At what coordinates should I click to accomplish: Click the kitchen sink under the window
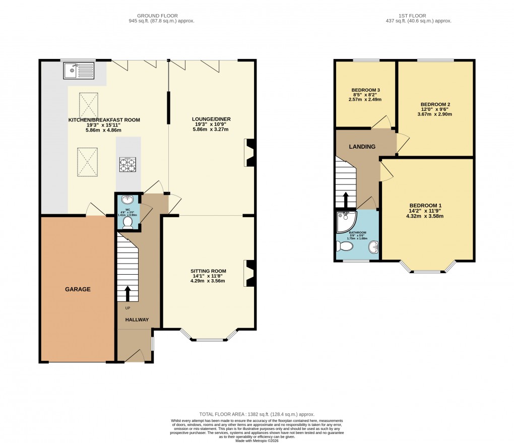point(78,71)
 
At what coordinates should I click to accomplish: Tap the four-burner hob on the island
point(127,164)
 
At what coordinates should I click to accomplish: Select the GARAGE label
point(78,289)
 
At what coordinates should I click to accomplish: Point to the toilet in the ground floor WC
point(127,222)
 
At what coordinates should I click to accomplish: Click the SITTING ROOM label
point(208,271)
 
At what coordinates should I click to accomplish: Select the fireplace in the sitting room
point(249,273)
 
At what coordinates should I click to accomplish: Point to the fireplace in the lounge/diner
point(249,153)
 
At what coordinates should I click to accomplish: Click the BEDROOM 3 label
point(365,90)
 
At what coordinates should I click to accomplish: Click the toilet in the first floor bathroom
point(346,246)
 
